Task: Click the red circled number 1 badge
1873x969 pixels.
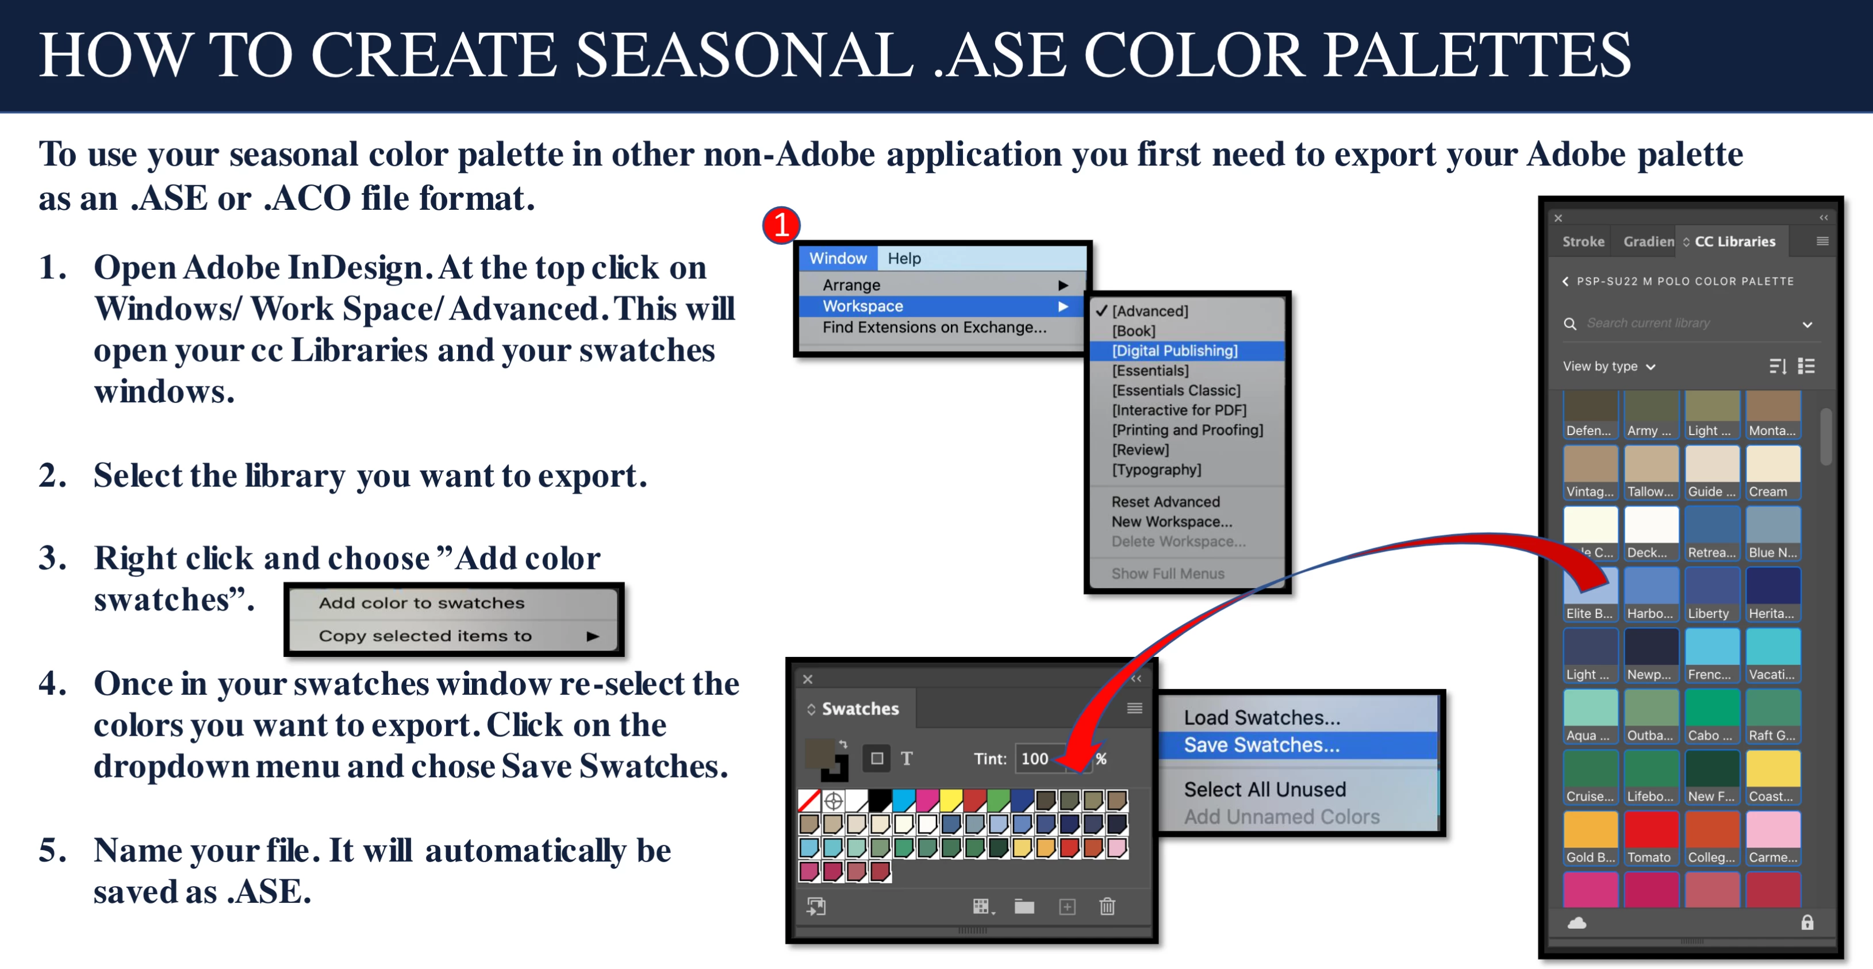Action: [781, 225]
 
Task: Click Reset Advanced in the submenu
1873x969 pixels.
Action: [1165, 502]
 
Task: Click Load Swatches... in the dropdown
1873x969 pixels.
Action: [1261, 717]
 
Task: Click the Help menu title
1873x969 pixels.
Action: [904, 258]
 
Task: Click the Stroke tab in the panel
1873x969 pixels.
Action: [1583, 241]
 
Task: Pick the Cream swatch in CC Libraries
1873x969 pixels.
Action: [1772, 472]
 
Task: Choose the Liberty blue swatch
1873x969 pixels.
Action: [1711, 594]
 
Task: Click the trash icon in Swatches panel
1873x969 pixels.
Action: [1107, 906]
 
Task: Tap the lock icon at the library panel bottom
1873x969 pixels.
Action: [1807, 922]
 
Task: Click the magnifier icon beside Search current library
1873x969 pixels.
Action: [1570, 324]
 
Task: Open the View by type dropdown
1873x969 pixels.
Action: [1609, 366]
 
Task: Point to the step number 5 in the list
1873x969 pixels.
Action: [53, 850]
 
